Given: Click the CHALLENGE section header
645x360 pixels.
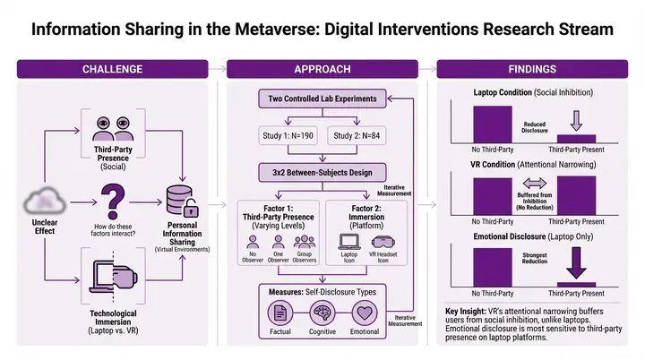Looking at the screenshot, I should [113, 69].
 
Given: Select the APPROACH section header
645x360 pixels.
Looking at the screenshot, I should [322, 69].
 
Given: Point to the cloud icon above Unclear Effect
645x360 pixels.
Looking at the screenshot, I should [44, 199].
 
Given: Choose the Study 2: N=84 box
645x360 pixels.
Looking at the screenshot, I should [357, 135].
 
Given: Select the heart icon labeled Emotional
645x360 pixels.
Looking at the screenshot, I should [364, 313].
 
